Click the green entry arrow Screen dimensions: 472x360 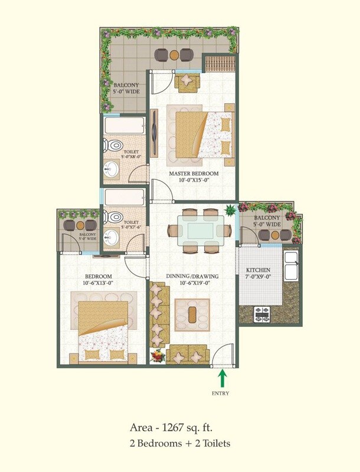click(222, 378)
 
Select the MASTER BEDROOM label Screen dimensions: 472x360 click(194, 173)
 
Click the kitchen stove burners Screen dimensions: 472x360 click(262, 314)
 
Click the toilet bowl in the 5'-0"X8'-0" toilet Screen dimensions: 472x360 click(113, 145)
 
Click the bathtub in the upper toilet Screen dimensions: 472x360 click(123, 126)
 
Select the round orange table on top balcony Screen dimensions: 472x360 click(174, 55)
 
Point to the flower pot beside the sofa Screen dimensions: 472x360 click(158, 356)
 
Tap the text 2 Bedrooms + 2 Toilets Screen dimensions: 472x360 click(179, 443)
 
